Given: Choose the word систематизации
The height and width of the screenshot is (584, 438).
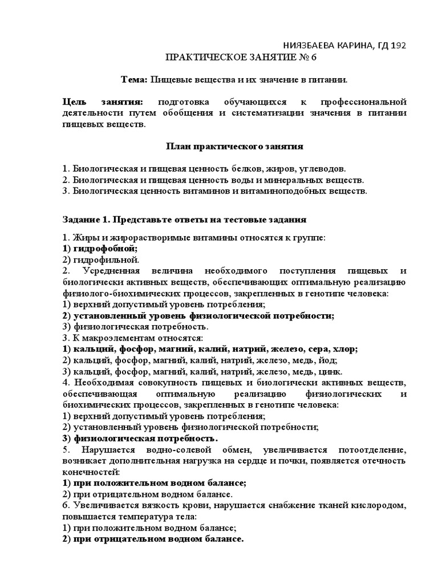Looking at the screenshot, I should pyautogui.click(x=281, y=113).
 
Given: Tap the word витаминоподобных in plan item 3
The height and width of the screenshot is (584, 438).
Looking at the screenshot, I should pyautogui.click(x=278, y=191).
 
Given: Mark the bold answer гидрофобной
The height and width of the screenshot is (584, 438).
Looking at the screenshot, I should pyautogui.click(x=106, y=249).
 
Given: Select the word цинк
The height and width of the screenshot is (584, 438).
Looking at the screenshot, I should pyautogui.click(x=330, y=371).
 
